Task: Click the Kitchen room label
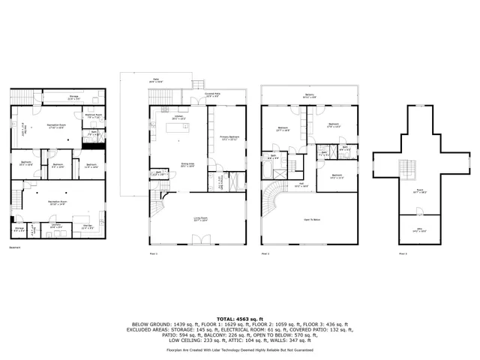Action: [x=178, y=118]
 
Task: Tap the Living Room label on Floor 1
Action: [x=199, y=220]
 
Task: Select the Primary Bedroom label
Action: [x=229, y=138]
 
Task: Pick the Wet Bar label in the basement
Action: [x=87, y=226]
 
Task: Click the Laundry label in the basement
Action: [x=56, y=226]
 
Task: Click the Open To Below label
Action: [x=313, y=220]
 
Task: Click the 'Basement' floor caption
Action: [x=14, y=247]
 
